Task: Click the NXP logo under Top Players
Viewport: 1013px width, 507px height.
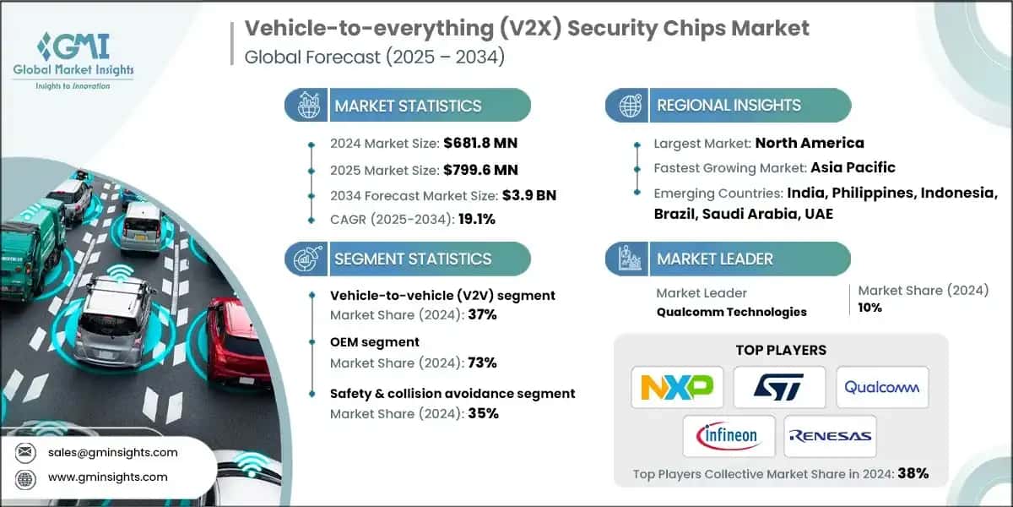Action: tap(677, 388)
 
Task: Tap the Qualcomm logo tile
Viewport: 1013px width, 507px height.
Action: tap(882, 388)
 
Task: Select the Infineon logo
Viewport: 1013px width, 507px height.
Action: tap(729, 436)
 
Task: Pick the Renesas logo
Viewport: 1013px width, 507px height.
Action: tap(831, 436)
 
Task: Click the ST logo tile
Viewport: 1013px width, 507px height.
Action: tap(779, 388)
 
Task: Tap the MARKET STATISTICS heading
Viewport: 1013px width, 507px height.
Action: tap(408, 106)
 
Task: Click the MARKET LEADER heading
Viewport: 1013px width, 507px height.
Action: tap(714, 259)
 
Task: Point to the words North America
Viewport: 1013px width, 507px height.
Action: tap(809, 143)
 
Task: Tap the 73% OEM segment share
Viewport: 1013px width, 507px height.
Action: tap(483, 363)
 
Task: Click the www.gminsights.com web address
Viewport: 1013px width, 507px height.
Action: tap(108, 477)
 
